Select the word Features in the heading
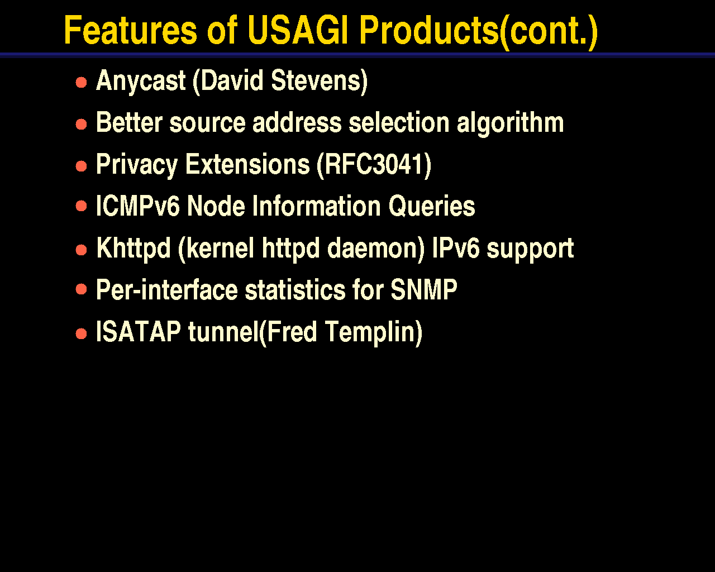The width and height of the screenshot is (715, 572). click(131, 30)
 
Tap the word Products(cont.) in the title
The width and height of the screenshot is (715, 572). click(479, 32)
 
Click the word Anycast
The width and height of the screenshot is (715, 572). click(141, 81)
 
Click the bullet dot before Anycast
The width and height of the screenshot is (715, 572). click(81, 82)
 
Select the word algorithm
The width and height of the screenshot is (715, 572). click(511, 123)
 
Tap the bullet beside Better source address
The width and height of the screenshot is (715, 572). click(81, 125)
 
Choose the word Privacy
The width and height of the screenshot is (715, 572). click(137, 165)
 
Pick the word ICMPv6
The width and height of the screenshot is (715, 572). click(138, 206)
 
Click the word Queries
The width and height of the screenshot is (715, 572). click(432, 207)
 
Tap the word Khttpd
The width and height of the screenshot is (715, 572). click(134, 249)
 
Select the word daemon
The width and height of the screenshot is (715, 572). click(376, 248)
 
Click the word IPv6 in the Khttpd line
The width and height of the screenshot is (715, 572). click(456, 247)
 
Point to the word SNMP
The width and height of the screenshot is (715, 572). click(423, 289)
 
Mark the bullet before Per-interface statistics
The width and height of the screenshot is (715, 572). click(81, 289)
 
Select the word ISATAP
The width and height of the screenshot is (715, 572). click(138, 331)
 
